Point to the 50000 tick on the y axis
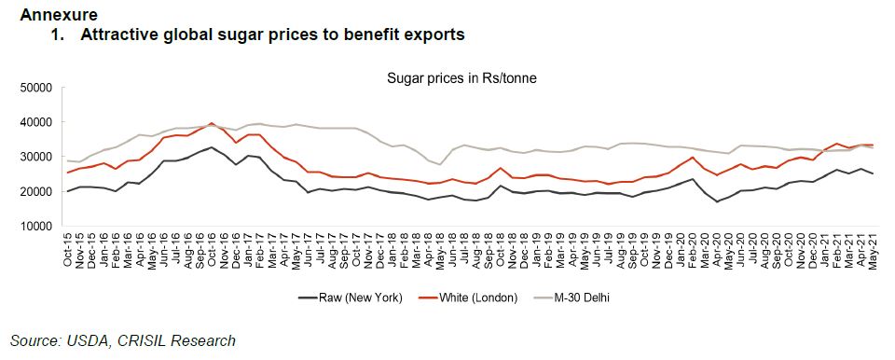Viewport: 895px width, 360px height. (x=33, y=88)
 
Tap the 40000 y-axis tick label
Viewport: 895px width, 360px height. (x=33, y=122)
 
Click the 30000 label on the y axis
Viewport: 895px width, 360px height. (x=33, y=157)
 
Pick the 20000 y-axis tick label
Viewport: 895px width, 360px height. (x=33, y=192)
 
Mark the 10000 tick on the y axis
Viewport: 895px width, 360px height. (x=33, y=227)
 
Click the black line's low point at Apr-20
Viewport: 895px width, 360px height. (x=717, y=201)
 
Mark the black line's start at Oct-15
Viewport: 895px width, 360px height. (x=67, y=191)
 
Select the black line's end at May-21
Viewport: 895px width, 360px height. (x=872, y=174)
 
